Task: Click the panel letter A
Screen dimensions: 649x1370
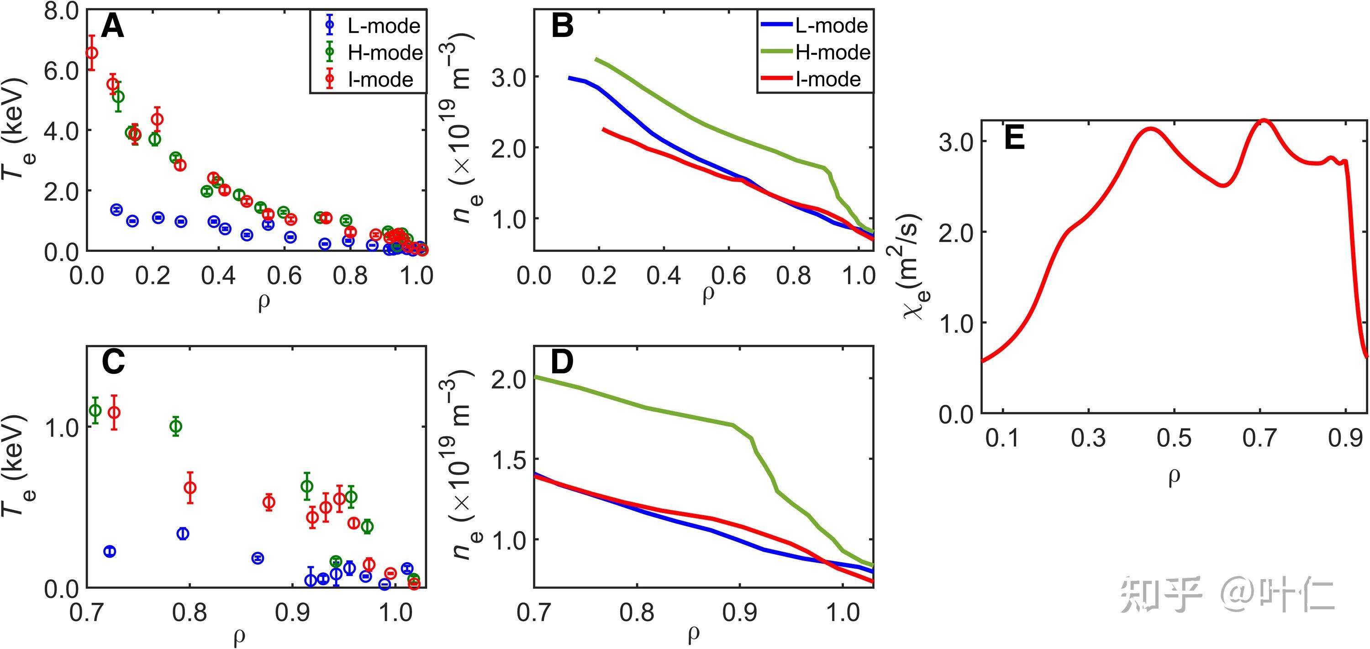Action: (112, 26)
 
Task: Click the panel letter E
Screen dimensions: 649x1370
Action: (1014, 139)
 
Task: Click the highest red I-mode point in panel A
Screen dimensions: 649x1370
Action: (92, 52)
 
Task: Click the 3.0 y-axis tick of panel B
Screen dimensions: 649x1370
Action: (508, 77)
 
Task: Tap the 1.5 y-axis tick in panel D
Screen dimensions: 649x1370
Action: (508, 460)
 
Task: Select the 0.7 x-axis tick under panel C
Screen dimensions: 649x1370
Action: (87, 612)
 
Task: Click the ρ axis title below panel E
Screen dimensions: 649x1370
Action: (1174, 477)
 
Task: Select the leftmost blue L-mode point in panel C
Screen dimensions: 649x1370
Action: (110, 551)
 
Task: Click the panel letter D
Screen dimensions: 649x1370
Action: (562, 362)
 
